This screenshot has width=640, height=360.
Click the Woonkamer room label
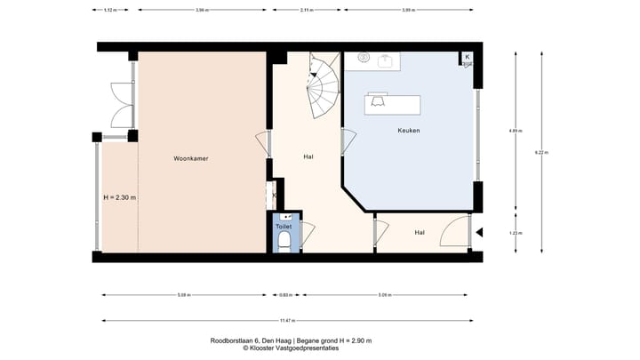(191, 158)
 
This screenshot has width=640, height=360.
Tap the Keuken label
(409, 131)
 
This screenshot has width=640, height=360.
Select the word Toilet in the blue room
(284, 227)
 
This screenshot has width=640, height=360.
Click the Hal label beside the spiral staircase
(308, 156)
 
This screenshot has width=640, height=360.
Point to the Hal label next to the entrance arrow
(420, 233)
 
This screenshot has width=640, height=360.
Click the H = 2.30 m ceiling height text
(119, 197)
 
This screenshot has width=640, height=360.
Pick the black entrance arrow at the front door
(479, 234)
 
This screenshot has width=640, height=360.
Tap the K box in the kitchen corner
(468, 58)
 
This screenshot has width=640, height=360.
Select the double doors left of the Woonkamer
(118, 105)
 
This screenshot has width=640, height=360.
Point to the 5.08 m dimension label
(182, 295)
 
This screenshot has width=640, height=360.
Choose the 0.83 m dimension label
(284, 295)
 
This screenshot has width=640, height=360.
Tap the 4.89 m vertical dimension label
(514, 131)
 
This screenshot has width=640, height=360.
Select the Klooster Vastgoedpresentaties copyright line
(291, 349)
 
